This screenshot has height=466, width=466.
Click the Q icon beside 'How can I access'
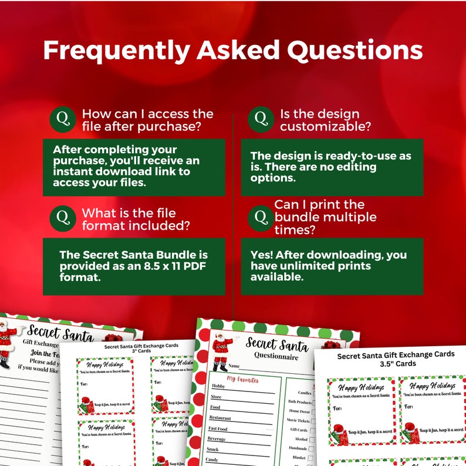[63, 120]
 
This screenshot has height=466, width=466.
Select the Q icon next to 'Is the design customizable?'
[261, 120]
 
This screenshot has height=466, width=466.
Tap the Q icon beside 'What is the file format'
[63, 218]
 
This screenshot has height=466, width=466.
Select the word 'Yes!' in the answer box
[262, 255]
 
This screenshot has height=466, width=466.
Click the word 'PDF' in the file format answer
[195, 266]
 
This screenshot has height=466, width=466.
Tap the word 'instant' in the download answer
[86, 172]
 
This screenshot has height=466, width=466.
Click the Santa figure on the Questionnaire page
[222, 352]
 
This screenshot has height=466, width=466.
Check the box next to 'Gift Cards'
[312, 430]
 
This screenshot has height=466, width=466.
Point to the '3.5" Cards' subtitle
[396, 364]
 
